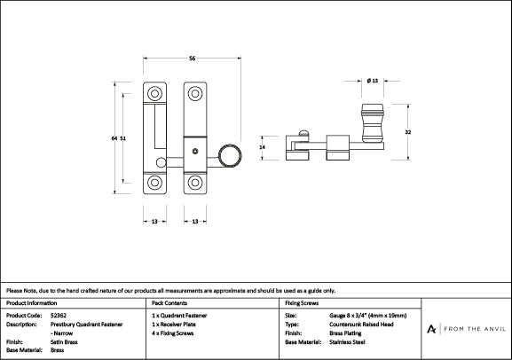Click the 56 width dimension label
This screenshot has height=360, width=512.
tap(192, 59)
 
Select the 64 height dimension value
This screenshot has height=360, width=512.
tap(114, 138)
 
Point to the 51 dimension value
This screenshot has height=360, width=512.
tap(122, 138)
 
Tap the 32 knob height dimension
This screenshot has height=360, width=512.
tap(408, 132)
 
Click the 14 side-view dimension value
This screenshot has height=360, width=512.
tap(262, 147)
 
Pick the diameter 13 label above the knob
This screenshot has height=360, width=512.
tap(373, 81)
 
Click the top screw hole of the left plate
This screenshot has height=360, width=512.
tap(154, 94)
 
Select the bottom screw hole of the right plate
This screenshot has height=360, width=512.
tap(195, 183)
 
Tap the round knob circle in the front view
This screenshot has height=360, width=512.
tap(230, 156)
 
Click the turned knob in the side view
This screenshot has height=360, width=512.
tap(373, 123)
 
